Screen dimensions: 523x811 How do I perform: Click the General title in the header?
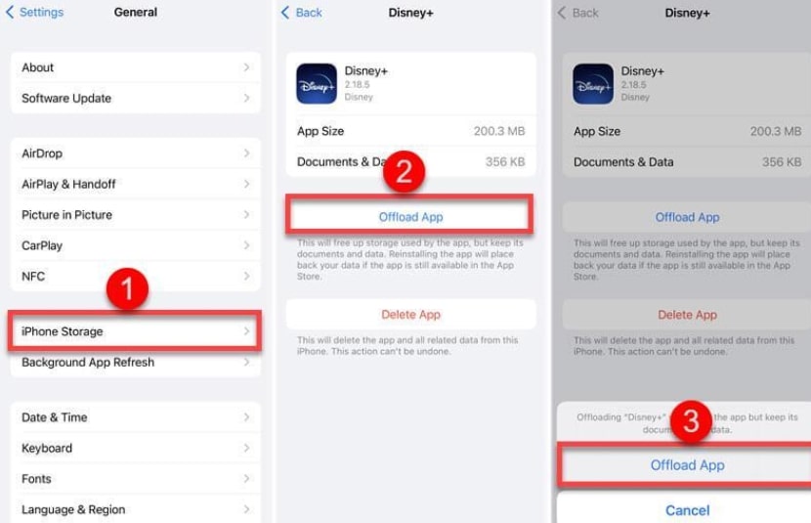[x=136, y=13]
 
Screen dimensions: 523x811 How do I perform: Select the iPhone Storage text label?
[x=63, y=332]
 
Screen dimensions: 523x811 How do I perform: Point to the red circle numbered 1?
[x=127, y=289]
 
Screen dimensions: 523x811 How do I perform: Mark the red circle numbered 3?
[x=691, y=420]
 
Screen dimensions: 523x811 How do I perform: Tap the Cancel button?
[x=687, y=510]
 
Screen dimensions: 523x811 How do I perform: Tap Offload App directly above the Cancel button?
[x=687, y=465]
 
